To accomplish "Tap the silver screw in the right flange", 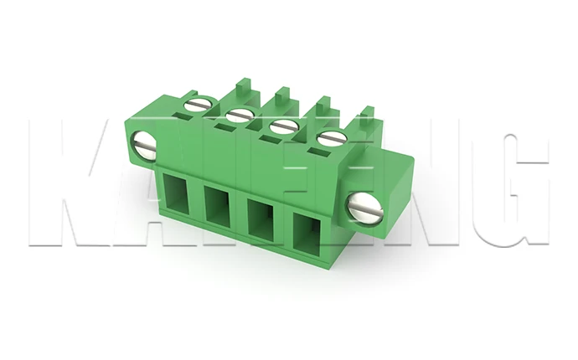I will click(369, 206).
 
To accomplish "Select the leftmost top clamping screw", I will click(197, 104).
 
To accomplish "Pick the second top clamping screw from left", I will click(240, 115).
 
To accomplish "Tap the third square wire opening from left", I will click(261, 219).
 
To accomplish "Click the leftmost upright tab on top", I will click(244, 87).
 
